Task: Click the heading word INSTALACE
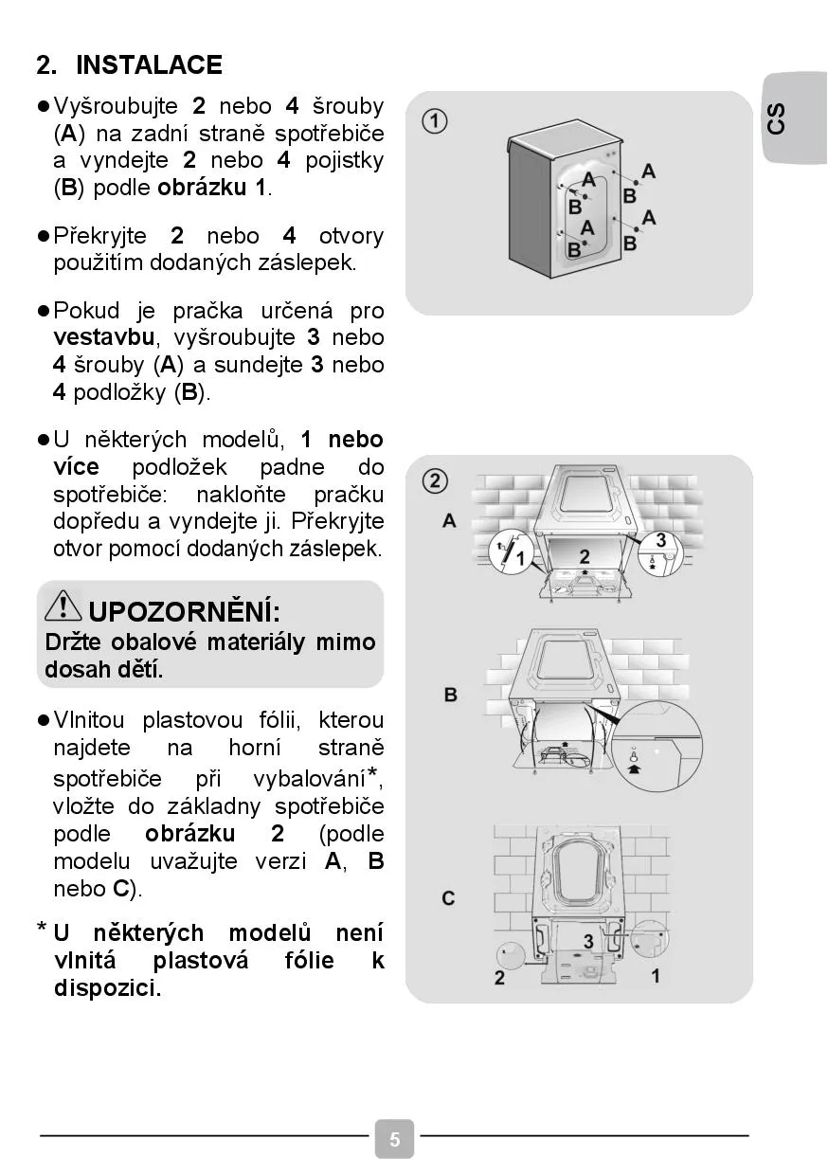click(x=149, y=65)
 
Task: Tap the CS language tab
click(x=777, y=119)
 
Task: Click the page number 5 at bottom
click(x=395, y=1139)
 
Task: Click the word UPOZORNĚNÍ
click(x=184, y=609)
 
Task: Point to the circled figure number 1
click(x=435, y=121)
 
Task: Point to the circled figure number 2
click(x=435, y=481)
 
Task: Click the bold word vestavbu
click(x=104, y=337)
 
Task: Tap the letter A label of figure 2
click(x=450, y=520)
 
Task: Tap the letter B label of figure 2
click(x=450, y=695)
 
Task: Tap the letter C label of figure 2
click(x=449, y=897)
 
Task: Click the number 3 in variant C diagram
click(x=588, y=941)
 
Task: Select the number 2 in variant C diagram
click(x=499, y=978)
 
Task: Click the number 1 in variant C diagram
click(x=656, y=975)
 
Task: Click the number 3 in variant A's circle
click(x=660, y=541)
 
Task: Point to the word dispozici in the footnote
click(x=107, y=988)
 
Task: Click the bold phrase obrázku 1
click(x=212, y=187)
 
